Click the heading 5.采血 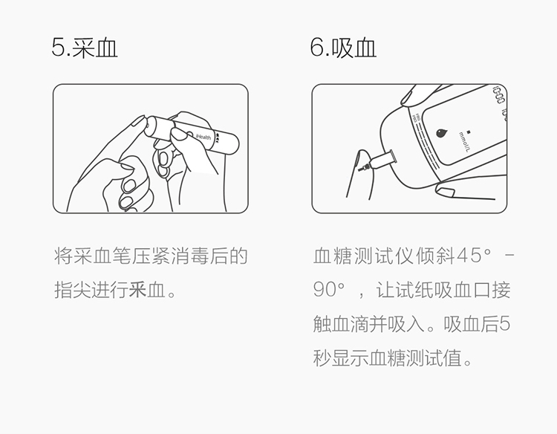[85, 48]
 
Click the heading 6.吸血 [343, 48]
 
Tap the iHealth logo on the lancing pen [203, 136]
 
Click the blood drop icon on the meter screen [441, 133]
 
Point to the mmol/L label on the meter [464, 141]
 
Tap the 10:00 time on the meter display [498, 94]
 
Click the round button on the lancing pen [189, 136]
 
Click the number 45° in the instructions [475, 256]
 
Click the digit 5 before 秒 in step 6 [504, 324]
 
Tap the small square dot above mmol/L [469, 132]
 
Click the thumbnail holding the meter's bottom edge [445, 192]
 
